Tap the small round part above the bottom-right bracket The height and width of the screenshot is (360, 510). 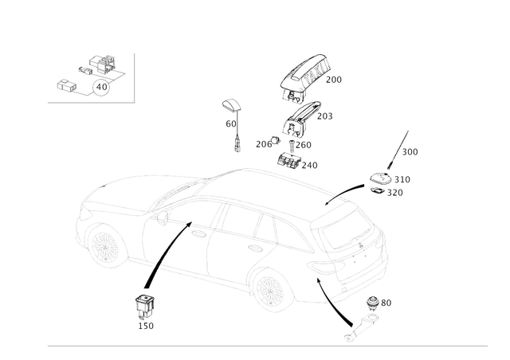(x=375, y=302)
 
